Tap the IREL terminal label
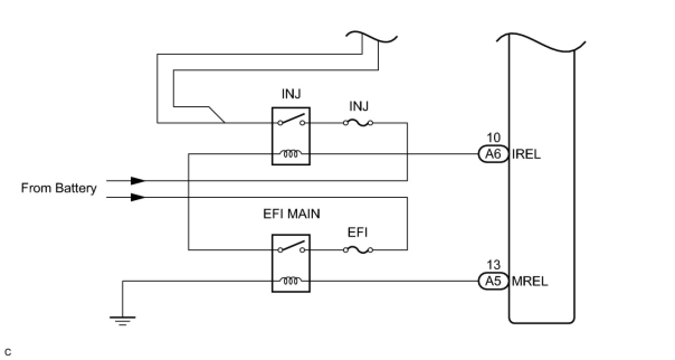pyautogui.click(x=526, y=154)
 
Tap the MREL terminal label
pyautogui.click(x=530, y=281)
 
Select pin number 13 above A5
pyautogui.click(x=493, y=265)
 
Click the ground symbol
pyautogui.click(x=122, y=320)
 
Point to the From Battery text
pyautogui.click(x=59, y=188)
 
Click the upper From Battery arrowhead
pyautogui.click(x=137, y=181)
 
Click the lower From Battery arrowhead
pyautogui.click(x=137, y=197)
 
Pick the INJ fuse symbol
pyautogui.click(x=358, y=122)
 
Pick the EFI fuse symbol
pyautogui.click(x=358, y=250)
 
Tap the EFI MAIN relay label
pyautogui.click(x=292, y=214)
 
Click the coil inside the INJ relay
pyautogui.click(x=291, y=154)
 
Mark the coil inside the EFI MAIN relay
pyautogui.click(x=291, y=281)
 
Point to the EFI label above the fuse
pyautogui.click(x=358, y=233)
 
